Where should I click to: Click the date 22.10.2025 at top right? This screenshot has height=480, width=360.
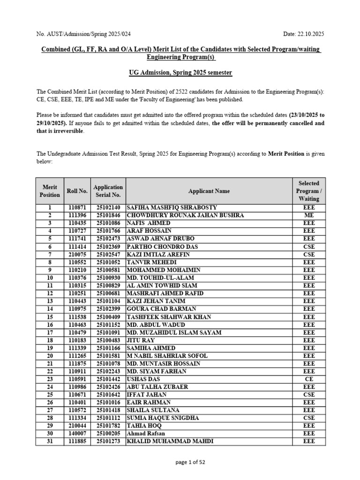[x=304, y=34]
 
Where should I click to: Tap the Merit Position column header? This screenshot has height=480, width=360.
[x=50, y=191]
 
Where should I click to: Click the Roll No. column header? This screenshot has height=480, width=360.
[x=77, y=191]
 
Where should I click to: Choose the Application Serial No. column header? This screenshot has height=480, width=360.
[x=108, y=191]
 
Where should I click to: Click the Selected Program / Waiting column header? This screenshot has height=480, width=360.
[x=308, y=191]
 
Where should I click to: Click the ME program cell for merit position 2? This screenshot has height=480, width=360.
[x=308, y=215]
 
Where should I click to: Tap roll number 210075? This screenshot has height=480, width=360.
[x=77, y=254]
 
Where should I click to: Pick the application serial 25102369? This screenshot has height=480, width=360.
[x=108, y=247]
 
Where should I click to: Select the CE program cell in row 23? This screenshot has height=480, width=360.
[x=308, y=379]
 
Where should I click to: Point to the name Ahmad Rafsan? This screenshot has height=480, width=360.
[x=146, y=434]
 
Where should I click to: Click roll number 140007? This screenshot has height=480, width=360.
[x=77, y=434]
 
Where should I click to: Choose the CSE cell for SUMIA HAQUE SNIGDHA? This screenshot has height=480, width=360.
[x=308, y=418]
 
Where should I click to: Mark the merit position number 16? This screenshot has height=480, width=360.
[x=50, y=324]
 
